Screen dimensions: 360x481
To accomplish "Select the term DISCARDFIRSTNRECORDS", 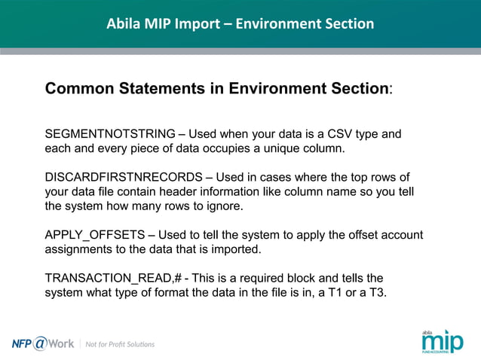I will [123, 177].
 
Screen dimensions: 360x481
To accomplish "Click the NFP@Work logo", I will [43, 343].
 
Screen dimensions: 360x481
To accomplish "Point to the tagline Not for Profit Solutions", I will [120, 344].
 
